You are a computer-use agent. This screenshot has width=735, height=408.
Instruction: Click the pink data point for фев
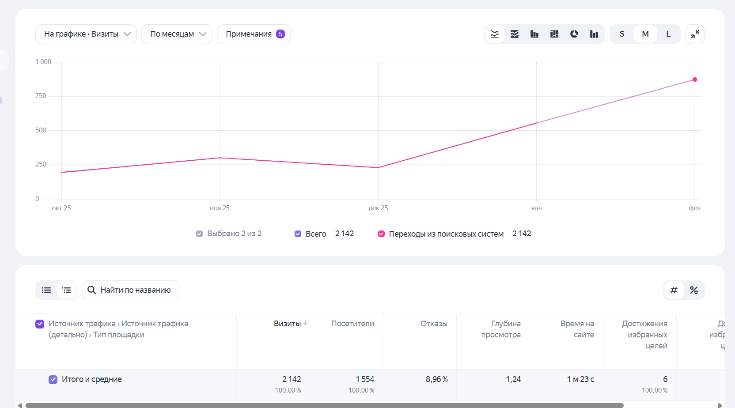(695, 79)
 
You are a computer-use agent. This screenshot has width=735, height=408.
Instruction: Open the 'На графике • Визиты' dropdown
(86, 34)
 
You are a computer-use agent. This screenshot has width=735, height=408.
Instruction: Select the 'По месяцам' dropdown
(177, 34)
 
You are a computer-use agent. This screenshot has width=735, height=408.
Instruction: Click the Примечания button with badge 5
(254, 34)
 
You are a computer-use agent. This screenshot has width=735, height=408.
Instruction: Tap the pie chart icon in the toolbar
(574, 34)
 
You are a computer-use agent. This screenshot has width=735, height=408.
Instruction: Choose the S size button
(622, 34)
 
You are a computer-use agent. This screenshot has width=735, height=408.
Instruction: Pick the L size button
(668, 34)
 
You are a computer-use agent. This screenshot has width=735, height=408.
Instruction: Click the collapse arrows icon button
(695, 34)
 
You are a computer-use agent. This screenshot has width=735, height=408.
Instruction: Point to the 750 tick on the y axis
(41, 96)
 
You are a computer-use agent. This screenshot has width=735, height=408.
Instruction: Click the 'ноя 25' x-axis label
(220, 208)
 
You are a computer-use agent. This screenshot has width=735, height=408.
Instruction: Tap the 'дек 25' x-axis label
(378, 208)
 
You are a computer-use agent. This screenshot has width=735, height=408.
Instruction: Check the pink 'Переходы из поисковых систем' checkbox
(381, 234)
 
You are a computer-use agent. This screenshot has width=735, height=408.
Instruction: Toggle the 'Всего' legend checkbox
(298, 234)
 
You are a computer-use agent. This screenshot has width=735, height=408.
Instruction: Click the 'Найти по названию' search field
(131, 290)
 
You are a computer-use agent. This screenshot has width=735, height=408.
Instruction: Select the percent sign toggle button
(694, 290)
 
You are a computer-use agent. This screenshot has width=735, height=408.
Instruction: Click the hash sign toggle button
(674, 290)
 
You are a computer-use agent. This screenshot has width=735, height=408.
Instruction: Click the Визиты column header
(287, 324)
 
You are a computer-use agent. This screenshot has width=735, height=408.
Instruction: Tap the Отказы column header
(434, 324)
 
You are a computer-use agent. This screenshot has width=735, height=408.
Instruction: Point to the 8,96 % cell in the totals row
(436, 379)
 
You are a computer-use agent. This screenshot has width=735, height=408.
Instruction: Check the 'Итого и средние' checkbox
(53, 379)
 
